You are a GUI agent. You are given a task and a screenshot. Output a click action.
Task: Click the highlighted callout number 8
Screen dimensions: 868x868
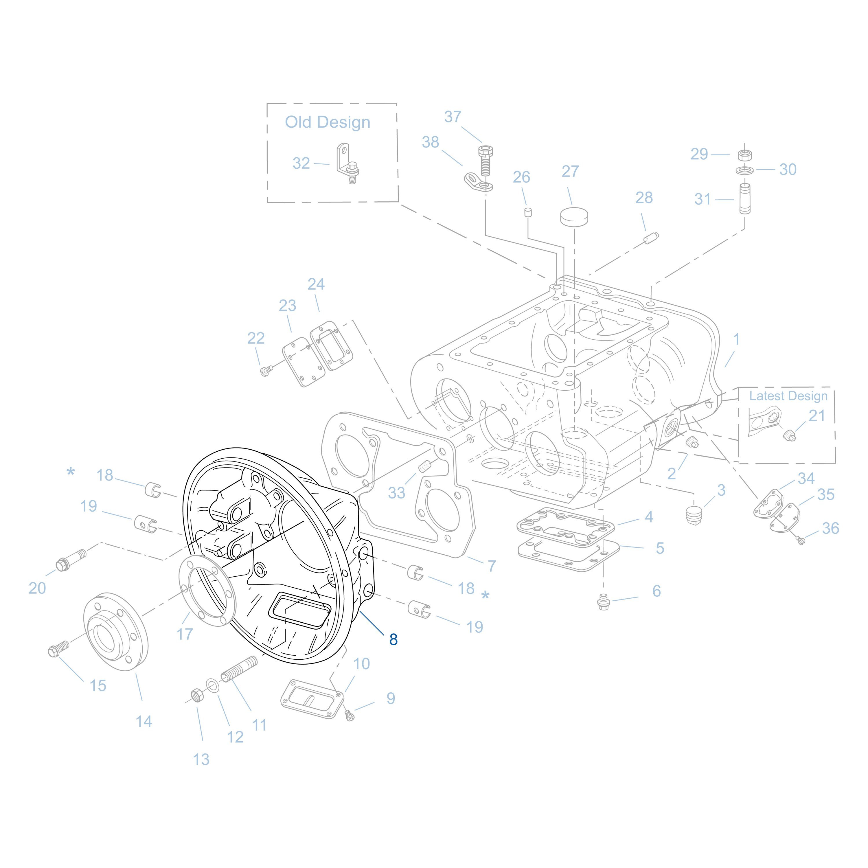[393, 640]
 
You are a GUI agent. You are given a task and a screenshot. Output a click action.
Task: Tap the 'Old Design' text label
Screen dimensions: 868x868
[328, 122]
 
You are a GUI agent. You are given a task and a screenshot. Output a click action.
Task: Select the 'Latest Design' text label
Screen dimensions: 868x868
[788, 396]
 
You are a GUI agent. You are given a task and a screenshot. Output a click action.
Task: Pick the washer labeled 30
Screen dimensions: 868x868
[745, 170]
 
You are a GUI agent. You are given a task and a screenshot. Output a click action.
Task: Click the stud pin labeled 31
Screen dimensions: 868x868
[745, 198]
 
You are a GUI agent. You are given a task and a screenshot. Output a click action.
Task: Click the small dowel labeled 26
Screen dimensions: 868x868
[528, 212]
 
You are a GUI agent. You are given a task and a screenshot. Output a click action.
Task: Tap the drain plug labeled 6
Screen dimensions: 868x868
[603, 602]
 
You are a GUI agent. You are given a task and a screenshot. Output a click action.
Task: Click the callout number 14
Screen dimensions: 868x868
[144, 722]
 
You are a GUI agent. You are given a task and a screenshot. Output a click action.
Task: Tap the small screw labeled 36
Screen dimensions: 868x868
[801, 540]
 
